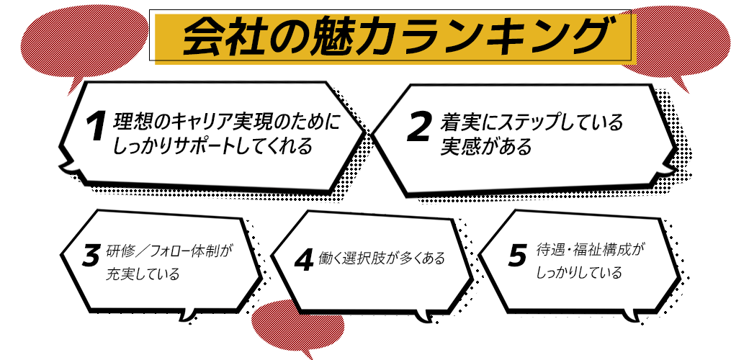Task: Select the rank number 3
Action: [x=91, y=256]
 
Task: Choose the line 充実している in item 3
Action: [x=143, y=275]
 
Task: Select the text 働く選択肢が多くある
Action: [x=382, y=258]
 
